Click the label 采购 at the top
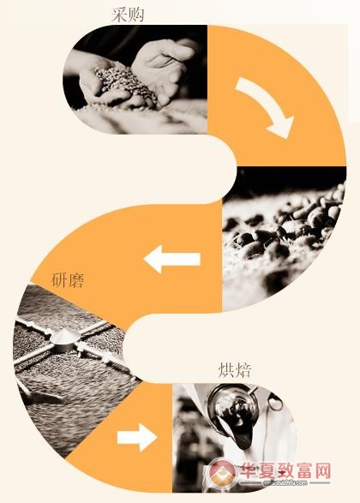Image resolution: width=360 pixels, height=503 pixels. pyautogui.click(x=128, y=15)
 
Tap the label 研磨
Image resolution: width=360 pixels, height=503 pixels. pyautogui.click(x=68, y=280)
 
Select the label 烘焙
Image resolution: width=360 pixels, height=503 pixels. pyautogui.click(x=235, y=370)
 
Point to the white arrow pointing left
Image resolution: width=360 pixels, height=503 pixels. pyautogui.click(x=172, y=259)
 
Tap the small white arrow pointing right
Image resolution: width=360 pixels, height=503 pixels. pyautogui.click(x=137, y=437)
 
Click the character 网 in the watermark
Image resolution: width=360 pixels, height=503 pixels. pyautogui.click(x=320, y=470)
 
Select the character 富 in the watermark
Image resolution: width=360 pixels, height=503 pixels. pyautogui.click(x=297, y=470)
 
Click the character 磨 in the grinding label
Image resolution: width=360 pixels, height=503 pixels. pyautogui.click(x=76, y=280)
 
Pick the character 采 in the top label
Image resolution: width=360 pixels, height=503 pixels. pyautogui.click(x=119, y=15)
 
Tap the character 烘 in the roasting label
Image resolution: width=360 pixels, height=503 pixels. pyautogui.click(x=226, y=370)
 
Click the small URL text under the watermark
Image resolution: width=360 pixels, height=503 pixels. pyautogui.click(x=285, y=482)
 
